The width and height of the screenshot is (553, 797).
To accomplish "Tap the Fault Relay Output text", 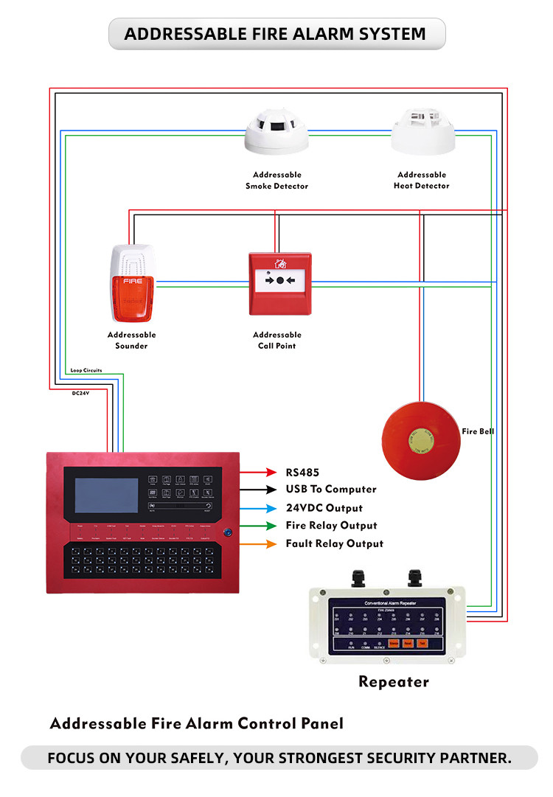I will coord(335,543).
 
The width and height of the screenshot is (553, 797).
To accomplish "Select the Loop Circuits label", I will coord(86,370).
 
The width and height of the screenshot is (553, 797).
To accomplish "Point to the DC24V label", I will coord(81,394).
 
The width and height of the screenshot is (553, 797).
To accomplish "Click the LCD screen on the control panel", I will coord(105,495).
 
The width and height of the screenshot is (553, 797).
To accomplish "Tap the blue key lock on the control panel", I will coord(227,531).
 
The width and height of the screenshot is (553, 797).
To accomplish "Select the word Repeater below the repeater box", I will coord(394,682).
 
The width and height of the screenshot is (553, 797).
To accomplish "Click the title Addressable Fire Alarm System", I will coord(275,34).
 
